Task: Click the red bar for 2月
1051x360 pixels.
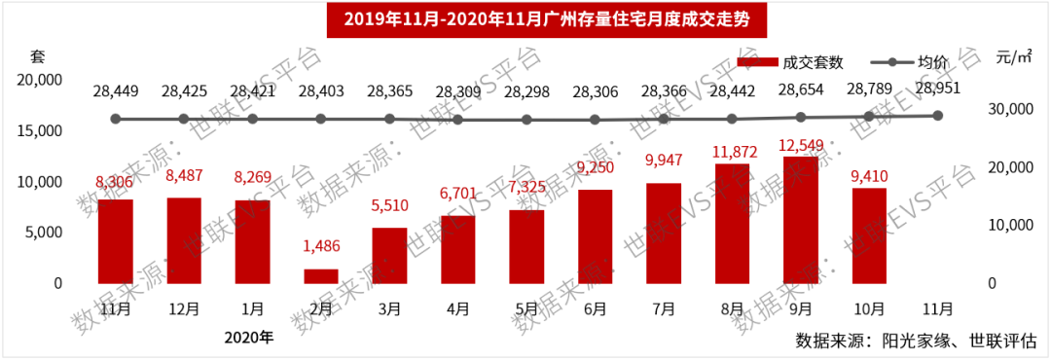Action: (321, 276)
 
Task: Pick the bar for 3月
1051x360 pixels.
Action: (389, 256)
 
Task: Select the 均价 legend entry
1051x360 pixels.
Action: (910, 63)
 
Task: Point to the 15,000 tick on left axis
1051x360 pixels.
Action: (40, 131)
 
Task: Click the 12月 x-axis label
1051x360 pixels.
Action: (184, 308)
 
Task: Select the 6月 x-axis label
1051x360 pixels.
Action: (595, 308)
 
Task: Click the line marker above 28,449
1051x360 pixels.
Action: (116, 119)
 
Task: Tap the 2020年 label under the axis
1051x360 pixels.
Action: (249, 338)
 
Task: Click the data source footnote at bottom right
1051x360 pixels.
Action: (916, 341)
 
